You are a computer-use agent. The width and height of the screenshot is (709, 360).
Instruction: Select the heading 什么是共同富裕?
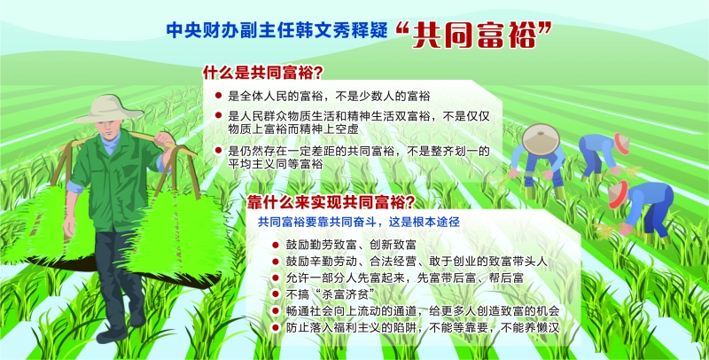coord(262,72)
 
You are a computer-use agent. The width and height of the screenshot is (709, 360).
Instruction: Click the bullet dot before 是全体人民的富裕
coord(218,96)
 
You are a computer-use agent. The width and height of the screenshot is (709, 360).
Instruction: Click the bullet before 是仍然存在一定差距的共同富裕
coord(218,150)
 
